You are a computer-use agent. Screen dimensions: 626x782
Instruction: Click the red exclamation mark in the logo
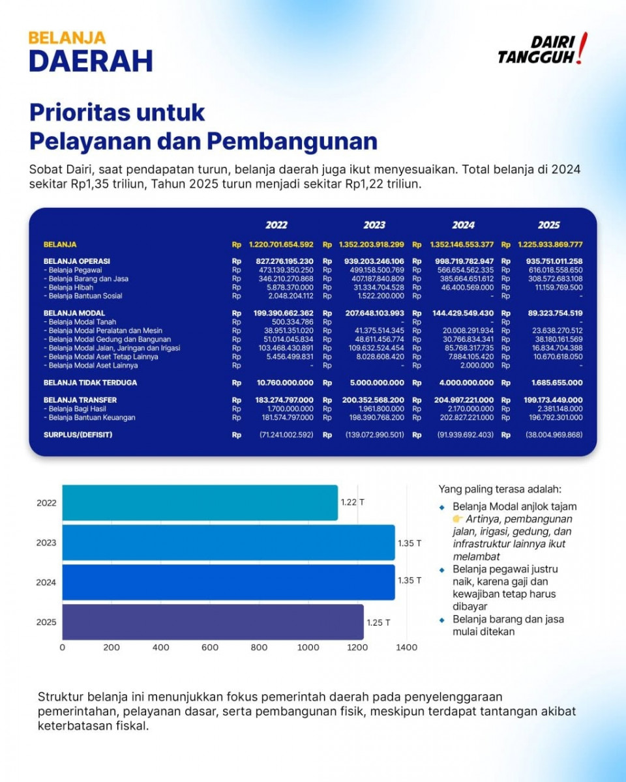point(582,48)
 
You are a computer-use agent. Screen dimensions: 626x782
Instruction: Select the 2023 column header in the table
point(374,225)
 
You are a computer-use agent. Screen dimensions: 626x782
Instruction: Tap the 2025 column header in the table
point(549,225)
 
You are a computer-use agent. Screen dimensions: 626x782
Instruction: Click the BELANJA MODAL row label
point(74,313)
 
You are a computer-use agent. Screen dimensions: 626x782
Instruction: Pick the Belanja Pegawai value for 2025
point(556,270)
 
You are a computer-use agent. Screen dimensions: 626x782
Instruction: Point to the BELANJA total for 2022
point(281,244)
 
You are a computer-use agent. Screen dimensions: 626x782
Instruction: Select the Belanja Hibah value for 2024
point(468,287)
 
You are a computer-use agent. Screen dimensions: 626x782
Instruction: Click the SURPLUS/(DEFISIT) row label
point(78,435)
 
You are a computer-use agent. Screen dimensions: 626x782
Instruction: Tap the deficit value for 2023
point(375,435)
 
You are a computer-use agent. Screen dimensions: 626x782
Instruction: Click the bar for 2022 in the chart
point(200,502)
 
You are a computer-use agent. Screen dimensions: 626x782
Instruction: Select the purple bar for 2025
point(213,622)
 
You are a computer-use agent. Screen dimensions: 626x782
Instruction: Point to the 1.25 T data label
point(378,622)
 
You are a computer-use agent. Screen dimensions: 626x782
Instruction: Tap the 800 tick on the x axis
point(259,647)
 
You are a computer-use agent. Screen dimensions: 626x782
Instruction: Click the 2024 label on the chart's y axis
point(46,582)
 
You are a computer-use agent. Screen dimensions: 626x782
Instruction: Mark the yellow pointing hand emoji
point(458,519)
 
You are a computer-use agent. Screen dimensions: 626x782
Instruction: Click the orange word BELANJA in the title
point(67,38)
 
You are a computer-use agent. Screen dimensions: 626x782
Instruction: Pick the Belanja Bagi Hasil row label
point(74,409)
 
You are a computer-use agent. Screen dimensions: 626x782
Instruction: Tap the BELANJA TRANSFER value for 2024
point(464,400)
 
